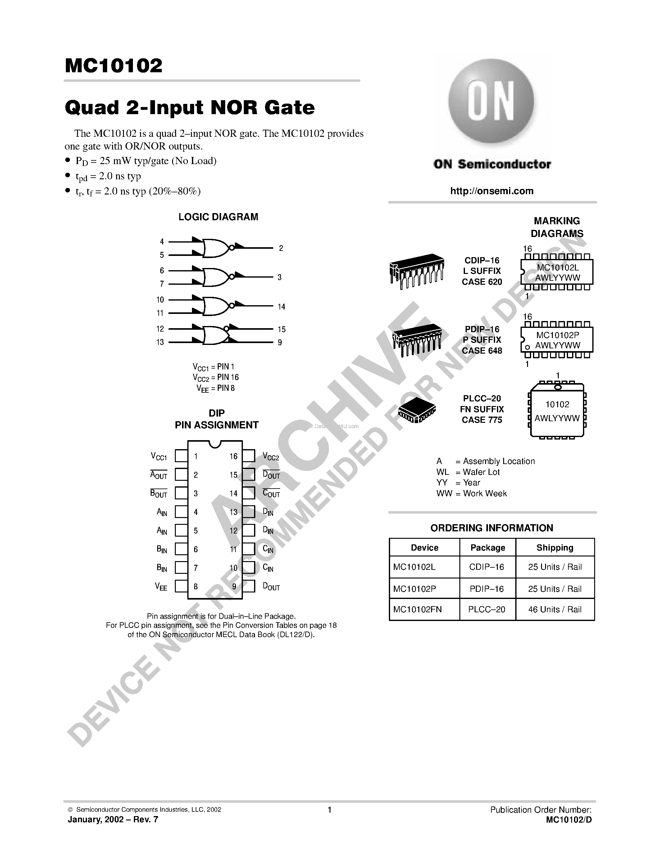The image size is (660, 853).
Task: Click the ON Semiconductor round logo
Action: (491, 101)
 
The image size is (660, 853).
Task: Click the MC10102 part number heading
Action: (113, 66)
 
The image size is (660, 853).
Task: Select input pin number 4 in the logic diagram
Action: (162, 242)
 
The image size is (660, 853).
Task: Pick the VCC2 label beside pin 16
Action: (271, 457)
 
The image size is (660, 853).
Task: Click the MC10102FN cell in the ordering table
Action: (417, 609)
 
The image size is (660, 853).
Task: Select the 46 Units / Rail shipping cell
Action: (555, 609)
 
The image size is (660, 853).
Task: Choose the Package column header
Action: (488, 547)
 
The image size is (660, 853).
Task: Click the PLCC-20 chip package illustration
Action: (417, 410)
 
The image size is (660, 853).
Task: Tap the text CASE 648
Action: (482, 351)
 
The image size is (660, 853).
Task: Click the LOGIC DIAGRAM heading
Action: (218, 217)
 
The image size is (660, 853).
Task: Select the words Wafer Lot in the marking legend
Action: (481, 472)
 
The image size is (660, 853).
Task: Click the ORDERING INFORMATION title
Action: (491, 528)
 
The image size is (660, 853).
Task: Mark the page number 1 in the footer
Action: (330, 810)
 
